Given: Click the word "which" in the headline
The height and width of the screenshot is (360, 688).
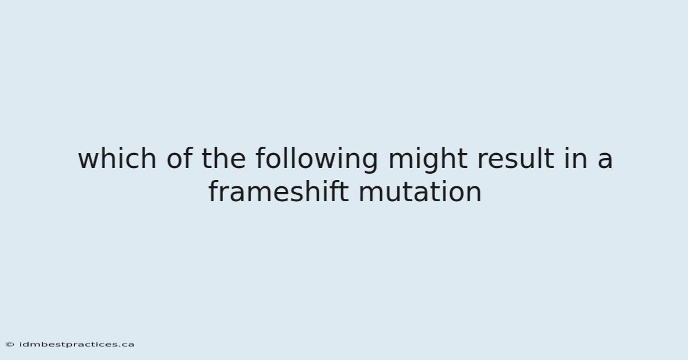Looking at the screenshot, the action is (117, 158).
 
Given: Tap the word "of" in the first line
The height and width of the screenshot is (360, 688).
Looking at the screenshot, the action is (179, 158).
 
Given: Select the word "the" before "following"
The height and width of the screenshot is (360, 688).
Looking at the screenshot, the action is (224, 158).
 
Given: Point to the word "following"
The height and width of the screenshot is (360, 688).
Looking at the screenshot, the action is (317, 160).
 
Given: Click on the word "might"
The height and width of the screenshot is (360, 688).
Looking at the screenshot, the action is (428, 160).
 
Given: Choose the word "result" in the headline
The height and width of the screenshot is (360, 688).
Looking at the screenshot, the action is (516, 158).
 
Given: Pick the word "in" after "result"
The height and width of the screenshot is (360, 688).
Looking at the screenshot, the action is (576, 158).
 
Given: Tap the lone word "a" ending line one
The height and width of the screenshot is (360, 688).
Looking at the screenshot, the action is (605, 161).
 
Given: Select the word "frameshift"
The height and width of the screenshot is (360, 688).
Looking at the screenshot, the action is (279, 191).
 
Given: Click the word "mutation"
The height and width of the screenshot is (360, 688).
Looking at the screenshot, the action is (420, 191).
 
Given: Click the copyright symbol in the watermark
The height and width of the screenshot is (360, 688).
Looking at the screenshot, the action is (10, 345).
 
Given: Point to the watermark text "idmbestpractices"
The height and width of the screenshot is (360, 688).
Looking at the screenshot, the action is (68, 345).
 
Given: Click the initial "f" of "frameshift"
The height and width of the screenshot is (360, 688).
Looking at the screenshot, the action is (214, 191).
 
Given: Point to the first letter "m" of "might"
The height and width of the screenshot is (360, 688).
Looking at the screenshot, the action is (402, 161).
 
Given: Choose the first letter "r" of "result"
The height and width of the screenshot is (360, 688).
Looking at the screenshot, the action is (483, 161).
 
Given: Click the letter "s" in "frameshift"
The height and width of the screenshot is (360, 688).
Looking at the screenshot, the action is (296, 194).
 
